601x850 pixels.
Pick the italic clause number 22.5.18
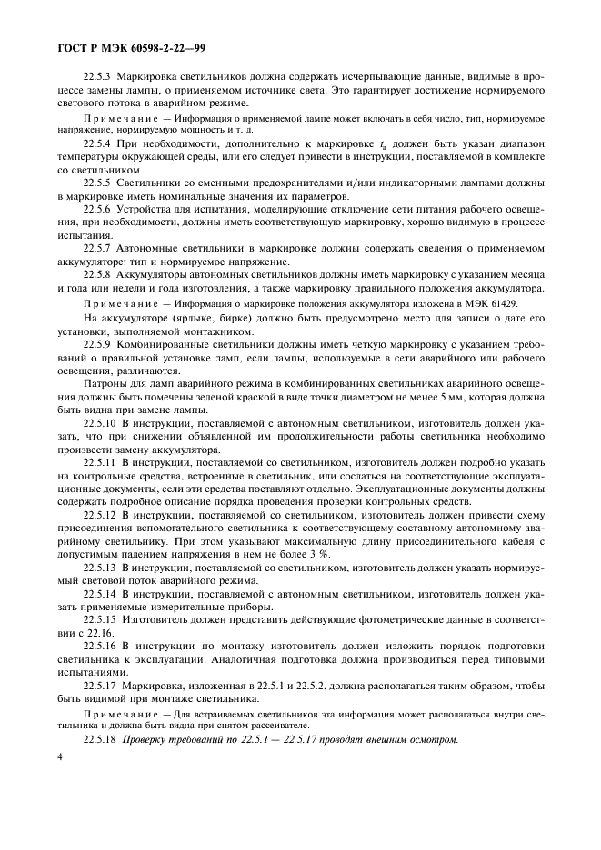102,738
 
